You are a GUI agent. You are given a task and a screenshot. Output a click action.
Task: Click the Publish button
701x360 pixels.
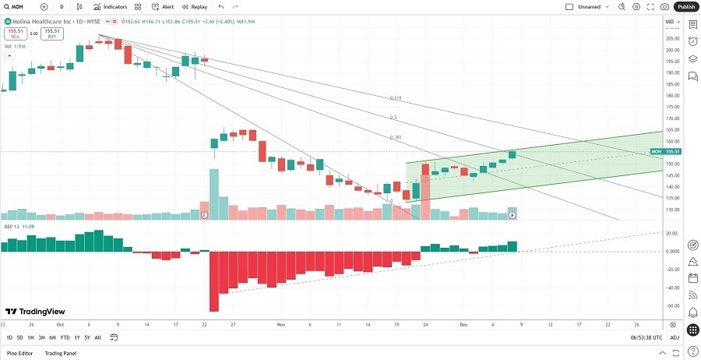click(685, 6)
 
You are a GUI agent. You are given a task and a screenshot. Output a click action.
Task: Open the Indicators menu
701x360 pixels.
click(110, 6)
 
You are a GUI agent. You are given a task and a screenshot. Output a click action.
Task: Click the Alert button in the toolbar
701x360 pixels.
click(164, 6)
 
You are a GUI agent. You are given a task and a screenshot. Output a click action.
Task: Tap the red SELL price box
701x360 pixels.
click(15, 34)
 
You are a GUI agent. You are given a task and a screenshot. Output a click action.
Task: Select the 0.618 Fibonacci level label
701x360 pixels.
click(396, 98)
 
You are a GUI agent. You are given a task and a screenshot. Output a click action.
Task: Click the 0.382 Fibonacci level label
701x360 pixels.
click(396, 136)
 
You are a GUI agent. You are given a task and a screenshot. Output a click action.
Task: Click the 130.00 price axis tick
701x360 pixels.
click(671, 210)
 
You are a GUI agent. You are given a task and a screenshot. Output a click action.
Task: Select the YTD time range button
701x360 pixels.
click(65, 337)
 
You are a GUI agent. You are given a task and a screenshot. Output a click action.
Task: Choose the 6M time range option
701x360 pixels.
click(52, 337)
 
